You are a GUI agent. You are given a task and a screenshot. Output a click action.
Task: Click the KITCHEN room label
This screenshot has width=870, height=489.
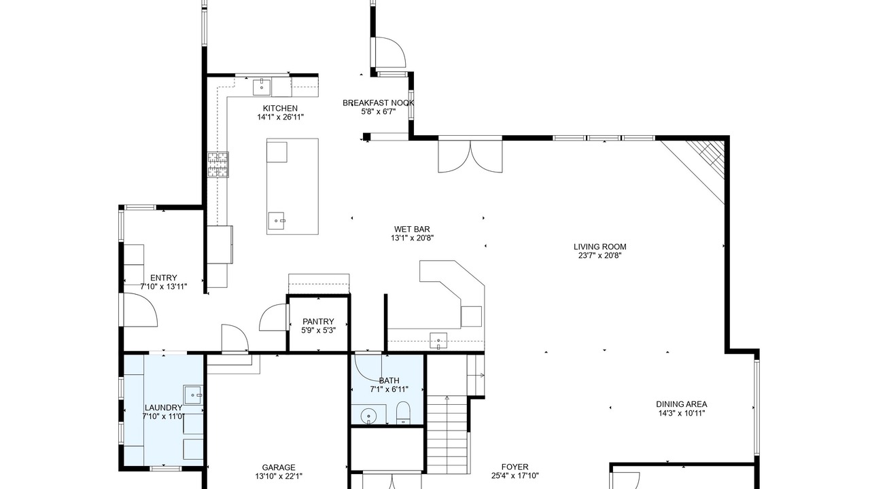280,108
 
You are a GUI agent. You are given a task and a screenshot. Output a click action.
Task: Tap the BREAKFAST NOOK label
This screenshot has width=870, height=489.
378,103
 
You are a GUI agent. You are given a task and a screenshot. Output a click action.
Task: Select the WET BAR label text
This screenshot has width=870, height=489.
412,229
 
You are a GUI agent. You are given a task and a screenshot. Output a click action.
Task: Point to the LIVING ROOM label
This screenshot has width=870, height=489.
599,247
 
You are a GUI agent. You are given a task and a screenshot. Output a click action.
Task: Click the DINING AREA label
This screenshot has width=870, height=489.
681,404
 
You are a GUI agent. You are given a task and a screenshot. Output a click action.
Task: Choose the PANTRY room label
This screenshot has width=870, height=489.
318,321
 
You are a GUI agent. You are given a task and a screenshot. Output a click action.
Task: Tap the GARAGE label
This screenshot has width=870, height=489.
279,467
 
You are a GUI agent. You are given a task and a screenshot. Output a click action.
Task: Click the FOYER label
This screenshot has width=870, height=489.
515,467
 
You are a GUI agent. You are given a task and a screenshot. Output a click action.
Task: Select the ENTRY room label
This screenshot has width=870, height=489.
164,278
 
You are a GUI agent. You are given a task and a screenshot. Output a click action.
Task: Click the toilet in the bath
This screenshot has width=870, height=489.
403,413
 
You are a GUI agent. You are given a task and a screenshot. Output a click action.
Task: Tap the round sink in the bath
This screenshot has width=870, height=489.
368,417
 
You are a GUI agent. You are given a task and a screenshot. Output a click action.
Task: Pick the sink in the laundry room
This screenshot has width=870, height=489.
193,395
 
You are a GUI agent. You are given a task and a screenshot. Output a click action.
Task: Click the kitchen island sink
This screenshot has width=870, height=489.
277,221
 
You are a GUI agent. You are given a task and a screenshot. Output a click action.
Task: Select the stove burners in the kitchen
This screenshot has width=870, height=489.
218,164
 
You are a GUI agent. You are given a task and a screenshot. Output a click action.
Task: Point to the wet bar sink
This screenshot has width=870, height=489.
438,341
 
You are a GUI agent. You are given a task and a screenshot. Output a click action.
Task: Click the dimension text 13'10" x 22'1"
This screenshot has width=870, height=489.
279,476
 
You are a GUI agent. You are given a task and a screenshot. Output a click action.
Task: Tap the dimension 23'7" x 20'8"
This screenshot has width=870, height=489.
599,255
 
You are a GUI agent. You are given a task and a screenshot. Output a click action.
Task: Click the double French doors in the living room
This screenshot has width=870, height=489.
470,156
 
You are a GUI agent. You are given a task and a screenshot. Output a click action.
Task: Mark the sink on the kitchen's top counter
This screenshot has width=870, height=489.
262,88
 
